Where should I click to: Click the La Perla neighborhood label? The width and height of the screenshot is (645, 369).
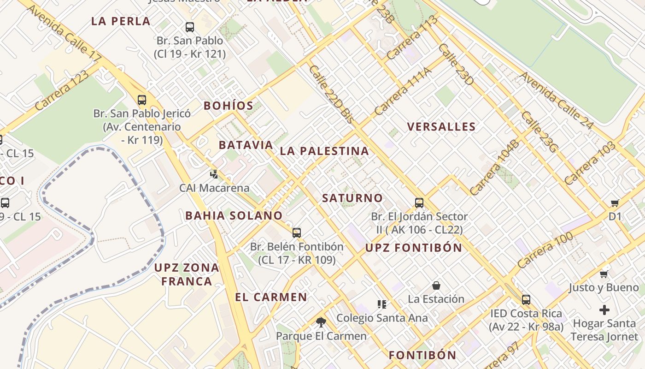click(121, 21)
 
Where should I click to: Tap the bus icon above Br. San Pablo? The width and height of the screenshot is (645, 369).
click(189, 27)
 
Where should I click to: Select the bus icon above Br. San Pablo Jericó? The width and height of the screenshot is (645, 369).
click(142, 100)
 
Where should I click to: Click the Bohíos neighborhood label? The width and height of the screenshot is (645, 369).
click(229, 106)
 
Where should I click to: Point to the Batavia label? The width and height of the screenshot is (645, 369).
click(246, 145)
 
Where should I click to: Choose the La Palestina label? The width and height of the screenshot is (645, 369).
click(324, 151)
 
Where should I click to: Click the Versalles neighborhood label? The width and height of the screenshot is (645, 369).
click(441, 127)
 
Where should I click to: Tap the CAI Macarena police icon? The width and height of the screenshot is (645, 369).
click(214, 174)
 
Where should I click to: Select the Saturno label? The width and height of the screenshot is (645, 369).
click(352, 198)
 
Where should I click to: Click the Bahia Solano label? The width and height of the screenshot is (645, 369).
click(234, 215)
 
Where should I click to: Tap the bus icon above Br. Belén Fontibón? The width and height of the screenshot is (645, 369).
click(297, 233)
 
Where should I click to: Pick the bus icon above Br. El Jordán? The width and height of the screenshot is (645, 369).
click(419, 202)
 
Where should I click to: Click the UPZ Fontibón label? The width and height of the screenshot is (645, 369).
click(414, 248)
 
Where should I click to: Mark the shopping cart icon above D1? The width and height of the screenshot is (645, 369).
click(615, 203)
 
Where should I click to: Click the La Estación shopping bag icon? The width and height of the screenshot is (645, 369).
click(436, 286)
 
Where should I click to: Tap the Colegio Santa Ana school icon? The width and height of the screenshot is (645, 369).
click(381, 304)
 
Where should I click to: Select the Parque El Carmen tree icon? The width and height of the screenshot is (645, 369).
click(321, 322)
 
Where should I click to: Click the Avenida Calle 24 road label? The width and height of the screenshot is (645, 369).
click(557, 100)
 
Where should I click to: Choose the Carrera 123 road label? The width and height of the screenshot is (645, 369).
click(61, 90)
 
